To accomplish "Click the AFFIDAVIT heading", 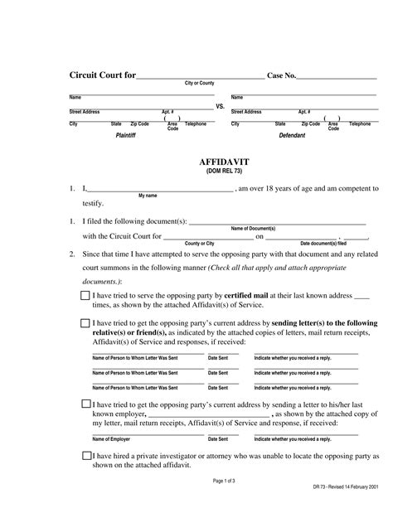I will click(x=220, y=162).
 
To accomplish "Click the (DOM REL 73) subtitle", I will click(x=220, y=172).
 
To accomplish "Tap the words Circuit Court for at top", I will click(x=102, y=75).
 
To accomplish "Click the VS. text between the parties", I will click(x=220, y=107).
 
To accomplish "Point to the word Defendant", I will click(x=292, y=134).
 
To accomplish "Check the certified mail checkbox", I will click(x=86, y=295).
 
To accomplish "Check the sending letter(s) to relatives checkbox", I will click(x=86, y=323).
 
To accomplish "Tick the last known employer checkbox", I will click(x=86, y=404).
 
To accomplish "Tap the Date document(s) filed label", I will click(x=323, y=243).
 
